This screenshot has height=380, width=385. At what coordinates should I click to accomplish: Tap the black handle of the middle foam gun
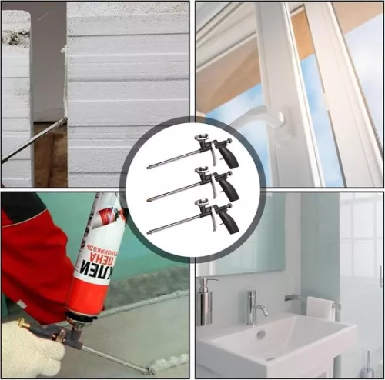[x=229, y=186]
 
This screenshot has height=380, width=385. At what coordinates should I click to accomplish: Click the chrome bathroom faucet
[x=255, y=307]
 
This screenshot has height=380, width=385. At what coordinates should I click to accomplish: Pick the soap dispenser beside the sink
[x=205, y=302]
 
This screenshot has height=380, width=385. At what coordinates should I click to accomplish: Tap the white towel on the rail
[x=320, y=308]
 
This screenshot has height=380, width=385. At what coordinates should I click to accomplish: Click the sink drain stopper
[x=261, y=335]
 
